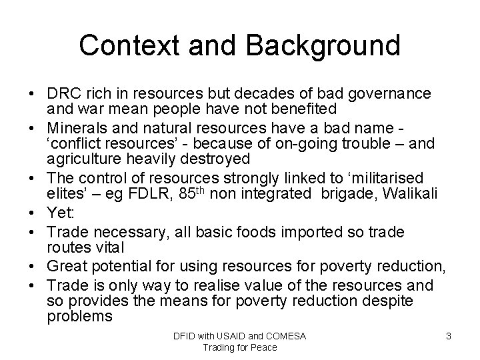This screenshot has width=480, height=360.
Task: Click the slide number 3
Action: point(449,336)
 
